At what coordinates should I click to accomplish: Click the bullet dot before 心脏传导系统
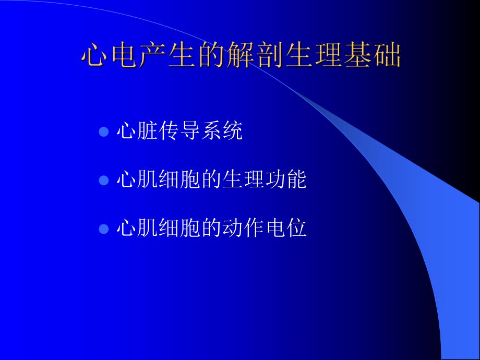click(103, 131)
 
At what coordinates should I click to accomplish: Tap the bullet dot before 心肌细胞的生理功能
click(103, 181)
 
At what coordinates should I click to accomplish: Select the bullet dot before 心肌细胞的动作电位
click(103, 229)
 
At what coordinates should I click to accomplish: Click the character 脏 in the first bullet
click(148, 131)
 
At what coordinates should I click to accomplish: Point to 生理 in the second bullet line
click(243, 181)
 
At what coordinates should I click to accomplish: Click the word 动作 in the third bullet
click(243, 229)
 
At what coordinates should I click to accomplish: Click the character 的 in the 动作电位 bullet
click(211, 229)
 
